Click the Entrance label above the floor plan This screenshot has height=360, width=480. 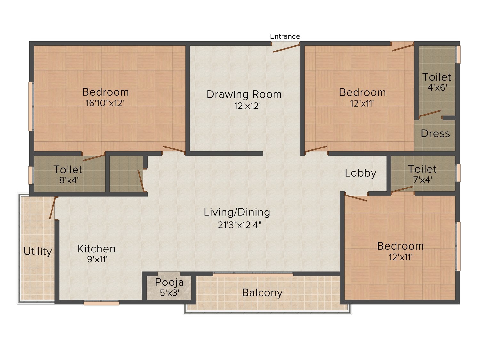[285, 36]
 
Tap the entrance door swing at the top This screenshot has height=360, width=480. [286, 48]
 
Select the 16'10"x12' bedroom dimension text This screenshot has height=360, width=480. [105, 103]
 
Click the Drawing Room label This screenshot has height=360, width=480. [244, 94]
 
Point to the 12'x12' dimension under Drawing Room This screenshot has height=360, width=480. [247, 106]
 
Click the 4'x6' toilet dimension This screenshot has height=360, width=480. [437, 88]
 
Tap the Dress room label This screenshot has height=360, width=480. [436, 133]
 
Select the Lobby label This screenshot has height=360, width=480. [361, 173]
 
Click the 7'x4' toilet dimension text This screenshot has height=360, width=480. [422, 180]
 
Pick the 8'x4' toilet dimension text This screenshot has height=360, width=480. [69, 180]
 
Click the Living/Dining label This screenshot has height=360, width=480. [237, 212]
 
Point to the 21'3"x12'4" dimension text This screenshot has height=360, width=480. [239, 225]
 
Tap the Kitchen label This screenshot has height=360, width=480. [96, 249]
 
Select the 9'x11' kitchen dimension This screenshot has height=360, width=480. [97, 260]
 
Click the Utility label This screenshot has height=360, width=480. [38, 252]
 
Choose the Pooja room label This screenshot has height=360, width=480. [169, 283]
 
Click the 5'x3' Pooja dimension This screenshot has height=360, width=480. [170, 293]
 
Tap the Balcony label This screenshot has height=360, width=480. [262, 293]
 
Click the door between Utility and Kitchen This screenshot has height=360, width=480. [53, 208]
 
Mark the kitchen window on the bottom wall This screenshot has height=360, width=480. [101, 303]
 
